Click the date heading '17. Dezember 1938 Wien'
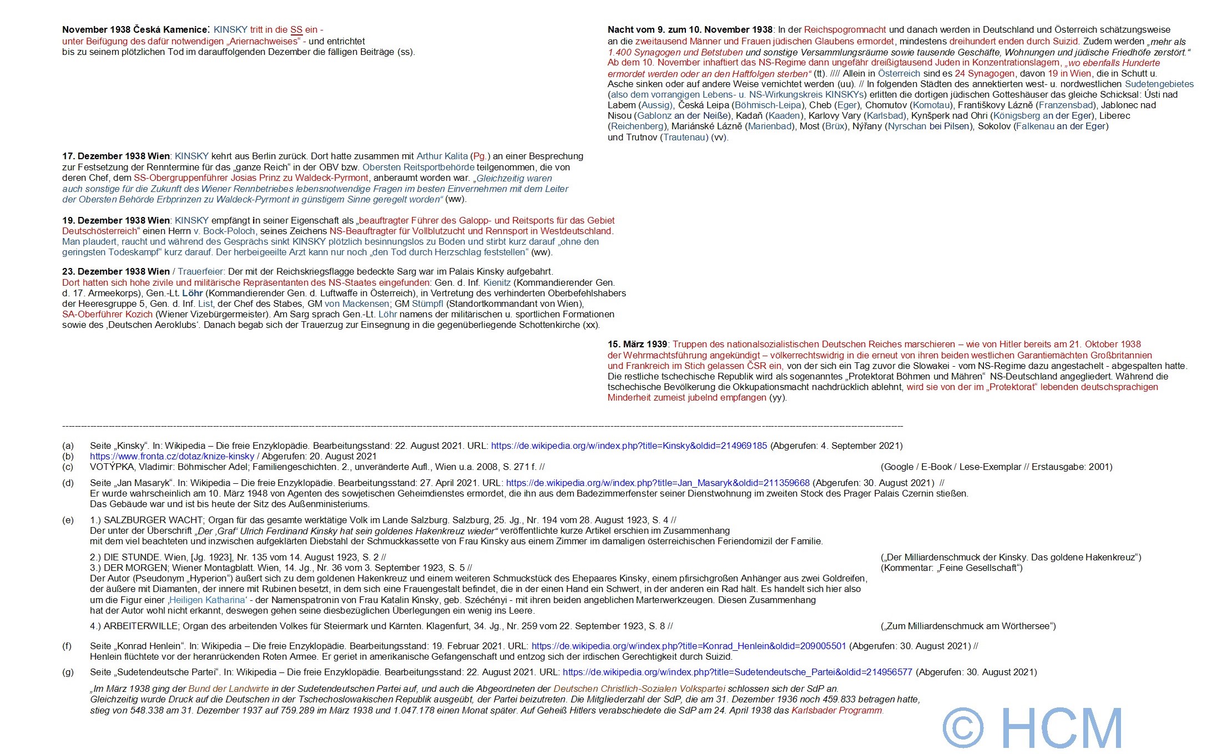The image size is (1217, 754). (115, 156)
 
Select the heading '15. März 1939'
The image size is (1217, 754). (637, 345)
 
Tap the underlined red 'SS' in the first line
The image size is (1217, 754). (296, 30)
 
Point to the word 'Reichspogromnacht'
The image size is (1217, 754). (845, 30)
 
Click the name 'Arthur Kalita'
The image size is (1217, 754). (442, 156)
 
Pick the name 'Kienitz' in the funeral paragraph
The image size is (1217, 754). (497, 283)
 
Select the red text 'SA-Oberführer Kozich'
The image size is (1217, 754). (107, 315)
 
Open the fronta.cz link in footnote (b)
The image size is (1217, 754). (172, 457)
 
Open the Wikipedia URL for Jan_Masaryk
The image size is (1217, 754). (658, 483)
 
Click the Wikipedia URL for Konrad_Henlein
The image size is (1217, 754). (688, 646)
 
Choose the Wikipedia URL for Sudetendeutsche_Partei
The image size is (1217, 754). (737, 672)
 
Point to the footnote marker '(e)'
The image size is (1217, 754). (68, 520)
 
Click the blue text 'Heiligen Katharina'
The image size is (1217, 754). (207, 600)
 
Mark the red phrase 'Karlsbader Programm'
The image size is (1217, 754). (837, 711)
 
